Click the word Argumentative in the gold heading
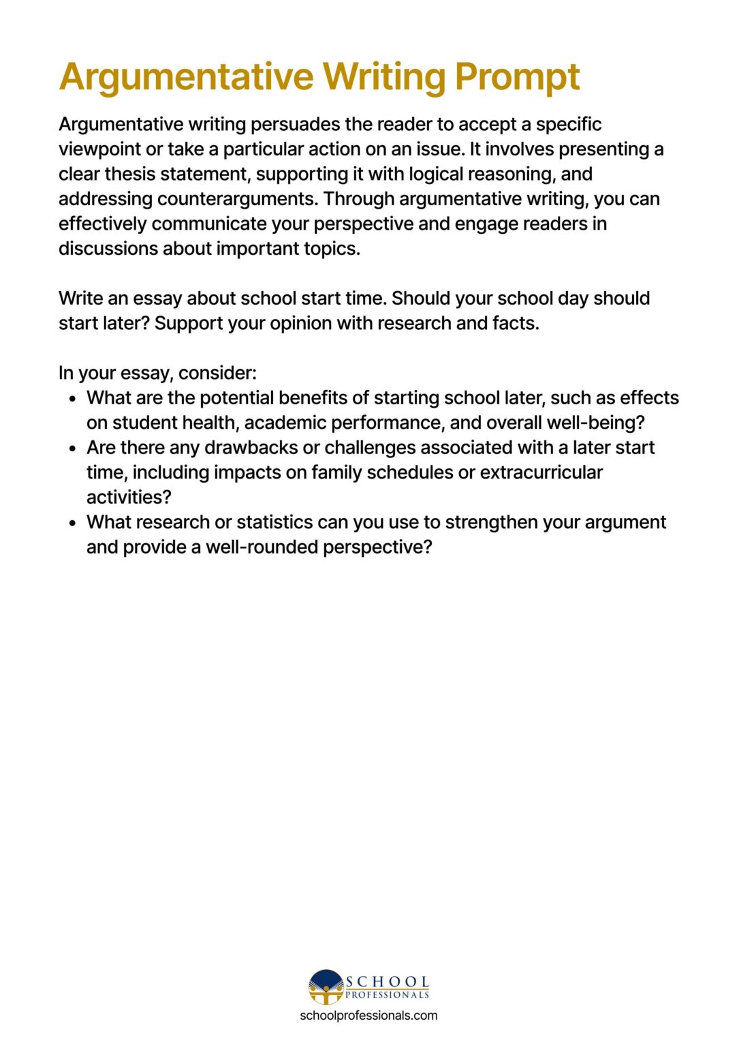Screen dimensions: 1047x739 click(x=186, y=77)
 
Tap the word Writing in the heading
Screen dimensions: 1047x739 click(x=384, y=77)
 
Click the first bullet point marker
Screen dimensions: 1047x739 click(x=74, y=399)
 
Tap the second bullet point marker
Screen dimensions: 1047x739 click(x=74, y=449)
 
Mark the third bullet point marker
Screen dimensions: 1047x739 click(x=74, y=523)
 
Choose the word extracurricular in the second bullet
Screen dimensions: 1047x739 click(x=541, y=472)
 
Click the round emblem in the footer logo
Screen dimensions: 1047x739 click(x=326, y=986)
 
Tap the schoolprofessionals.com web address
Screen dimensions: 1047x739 click(x=368, y=1016)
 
